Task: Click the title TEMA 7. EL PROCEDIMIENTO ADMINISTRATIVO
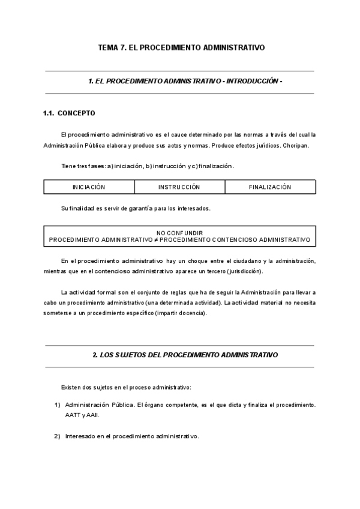click(x=180, y=47)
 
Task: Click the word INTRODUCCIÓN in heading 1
click(x=252, y=81)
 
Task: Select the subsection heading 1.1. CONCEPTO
click(x=68, y=113)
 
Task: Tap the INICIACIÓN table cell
click(x=89, y=187)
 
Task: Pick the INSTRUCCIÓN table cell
click(x=179, y=187)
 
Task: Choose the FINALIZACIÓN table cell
click(x=270, y=187)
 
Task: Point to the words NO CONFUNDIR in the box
click(x=180, y=232)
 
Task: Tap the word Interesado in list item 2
click(x=81, y=436)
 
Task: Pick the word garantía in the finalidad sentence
click(x=136, y=208)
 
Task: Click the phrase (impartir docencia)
click(x=179, y=313)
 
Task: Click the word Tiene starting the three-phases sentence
click(x=70, y=166)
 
